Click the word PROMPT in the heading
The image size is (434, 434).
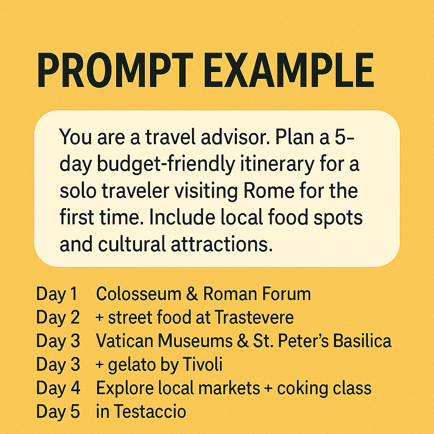pyautogui.click(x=115, y=70)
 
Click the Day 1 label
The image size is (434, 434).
pyautogui.click(x=57, y=294)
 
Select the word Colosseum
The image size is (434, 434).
pyautogui.click(x=139, y=294)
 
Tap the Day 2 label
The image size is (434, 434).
pyautogui.click(x=58, y=317)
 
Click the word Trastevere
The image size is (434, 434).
pyautogui.click(x=254, y=317)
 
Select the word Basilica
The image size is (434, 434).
pyautogui.click(x=362, y=341)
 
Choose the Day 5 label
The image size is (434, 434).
pyautogui.click(x=58, y=412)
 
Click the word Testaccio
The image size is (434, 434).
pyautogui.click(x=150, y=411)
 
